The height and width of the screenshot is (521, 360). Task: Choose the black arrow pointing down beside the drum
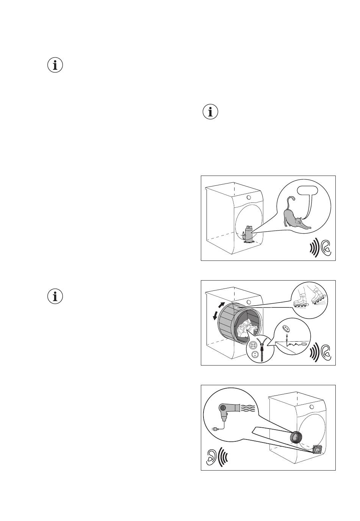click(x=215, y=315)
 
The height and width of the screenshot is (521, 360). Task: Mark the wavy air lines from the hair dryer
click(x=247, y=408)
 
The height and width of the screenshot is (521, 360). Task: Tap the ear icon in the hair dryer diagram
click(x=212, y=457)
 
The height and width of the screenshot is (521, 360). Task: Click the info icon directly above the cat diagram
click(x=211, y=112)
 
